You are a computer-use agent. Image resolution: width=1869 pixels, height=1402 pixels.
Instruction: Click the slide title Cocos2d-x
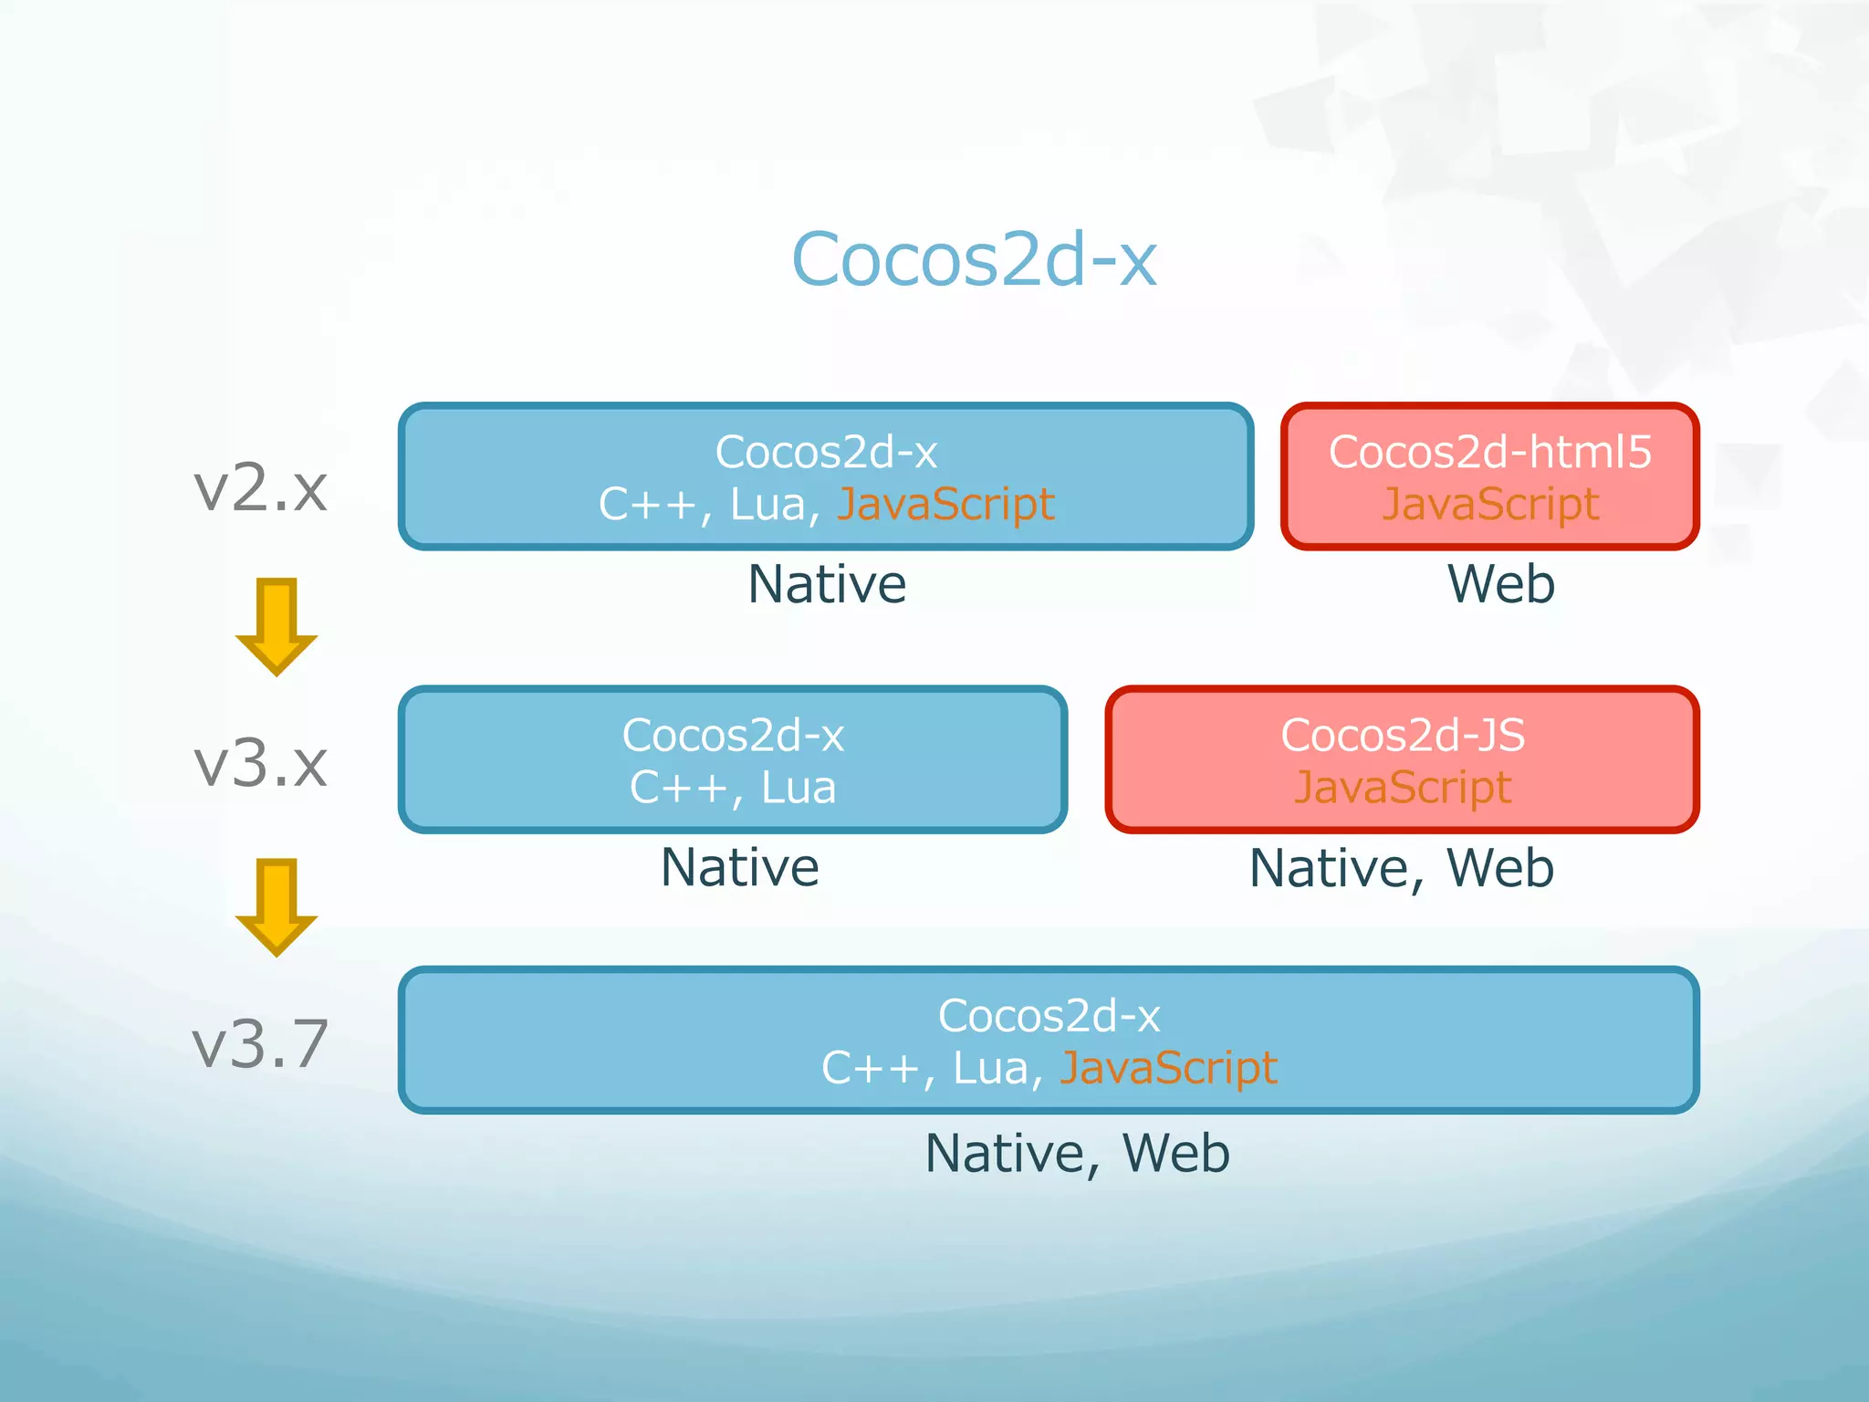click(974, 260)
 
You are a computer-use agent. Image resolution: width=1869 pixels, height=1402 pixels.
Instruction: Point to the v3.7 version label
click(261, 1042)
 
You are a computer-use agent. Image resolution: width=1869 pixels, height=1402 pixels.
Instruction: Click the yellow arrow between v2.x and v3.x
click(276, 626)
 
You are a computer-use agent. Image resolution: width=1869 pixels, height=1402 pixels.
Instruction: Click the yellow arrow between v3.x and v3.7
click(276, 906)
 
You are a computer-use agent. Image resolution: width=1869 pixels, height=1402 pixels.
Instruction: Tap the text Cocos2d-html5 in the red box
click(1489, 452)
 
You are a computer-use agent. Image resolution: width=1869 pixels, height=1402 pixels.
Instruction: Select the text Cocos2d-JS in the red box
click(1403, 735)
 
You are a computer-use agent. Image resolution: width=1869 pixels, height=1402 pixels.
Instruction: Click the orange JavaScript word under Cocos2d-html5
click(1489, 505)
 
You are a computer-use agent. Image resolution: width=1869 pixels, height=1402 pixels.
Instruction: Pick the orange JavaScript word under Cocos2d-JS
click(1403, 788)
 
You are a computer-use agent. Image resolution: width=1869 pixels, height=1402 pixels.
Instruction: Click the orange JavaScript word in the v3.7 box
click(1168, 1068)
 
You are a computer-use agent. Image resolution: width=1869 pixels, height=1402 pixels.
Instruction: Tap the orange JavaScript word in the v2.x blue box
click(945, 505)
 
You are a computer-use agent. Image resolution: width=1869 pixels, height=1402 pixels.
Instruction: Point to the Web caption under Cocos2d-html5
click(1500, 584)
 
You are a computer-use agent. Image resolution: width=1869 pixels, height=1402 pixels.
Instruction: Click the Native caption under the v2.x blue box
click(827, 584)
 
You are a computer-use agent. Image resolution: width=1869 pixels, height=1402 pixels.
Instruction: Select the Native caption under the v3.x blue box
click(739, 867)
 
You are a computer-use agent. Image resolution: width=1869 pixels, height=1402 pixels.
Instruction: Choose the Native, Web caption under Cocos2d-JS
click(1402, 868)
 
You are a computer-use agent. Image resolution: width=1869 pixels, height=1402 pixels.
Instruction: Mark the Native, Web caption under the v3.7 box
click(1077, 1153)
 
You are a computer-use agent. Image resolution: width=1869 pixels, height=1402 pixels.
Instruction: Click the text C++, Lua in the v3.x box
click(733, 787)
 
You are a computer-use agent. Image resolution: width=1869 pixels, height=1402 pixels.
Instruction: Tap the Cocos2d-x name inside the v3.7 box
click(1049, 1016)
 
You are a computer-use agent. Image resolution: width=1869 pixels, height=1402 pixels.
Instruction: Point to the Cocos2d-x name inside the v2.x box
click(826, 452)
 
